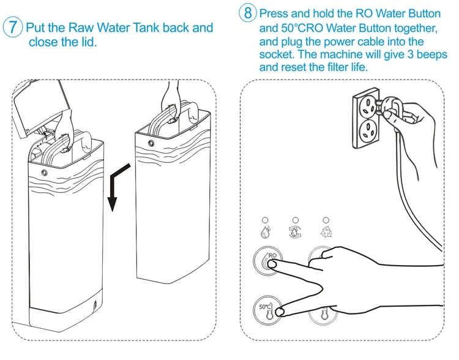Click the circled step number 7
(13, 28)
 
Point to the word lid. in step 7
(86, 42)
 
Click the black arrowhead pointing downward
(112, 200)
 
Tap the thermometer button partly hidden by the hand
(324, 316)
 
